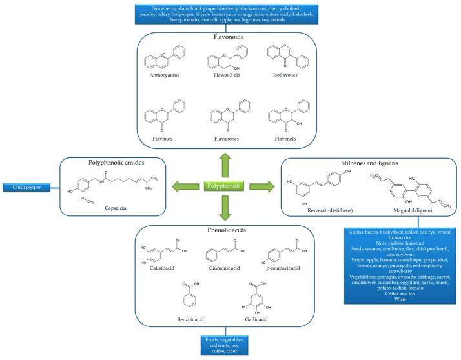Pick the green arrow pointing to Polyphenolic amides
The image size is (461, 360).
pos(185,186)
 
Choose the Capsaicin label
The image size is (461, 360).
pos(119,208)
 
